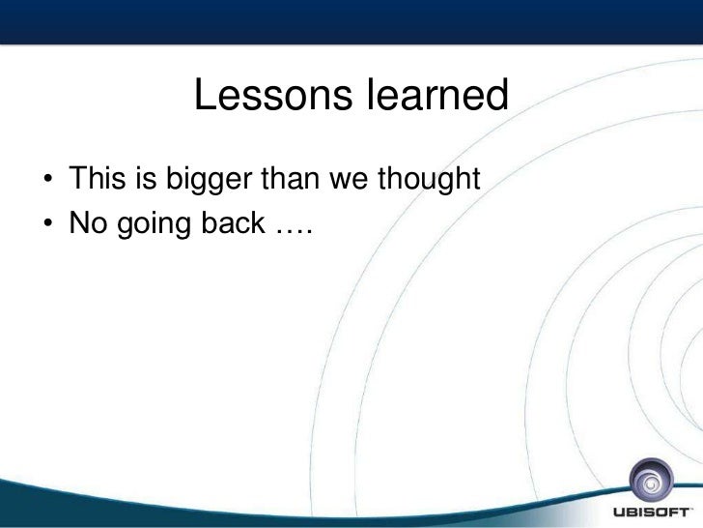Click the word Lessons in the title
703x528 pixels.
(x=273, y=95)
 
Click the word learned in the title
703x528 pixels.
(x=438, y=95)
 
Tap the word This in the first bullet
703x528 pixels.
(x=98, y=178)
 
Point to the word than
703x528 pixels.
(x=290, y=178)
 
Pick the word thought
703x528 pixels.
(x=429, y=180)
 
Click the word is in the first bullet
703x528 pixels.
(x=146, y=178)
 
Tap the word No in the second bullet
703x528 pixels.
(x=88, y=222)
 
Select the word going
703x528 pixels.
(x=154, y=225)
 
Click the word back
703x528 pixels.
(x=233, y=222)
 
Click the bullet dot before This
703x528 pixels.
(x=48, y=179)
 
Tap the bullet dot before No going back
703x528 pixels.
(x=48, y=223)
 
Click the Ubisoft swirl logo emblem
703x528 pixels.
(x=651, y=481)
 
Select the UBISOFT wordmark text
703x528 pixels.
(x=650, y=513)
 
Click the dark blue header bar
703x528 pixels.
(x=351, y=21)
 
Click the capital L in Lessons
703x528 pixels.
(x=205, y=95)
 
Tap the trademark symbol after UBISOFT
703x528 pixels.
(x=690, y=509)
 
